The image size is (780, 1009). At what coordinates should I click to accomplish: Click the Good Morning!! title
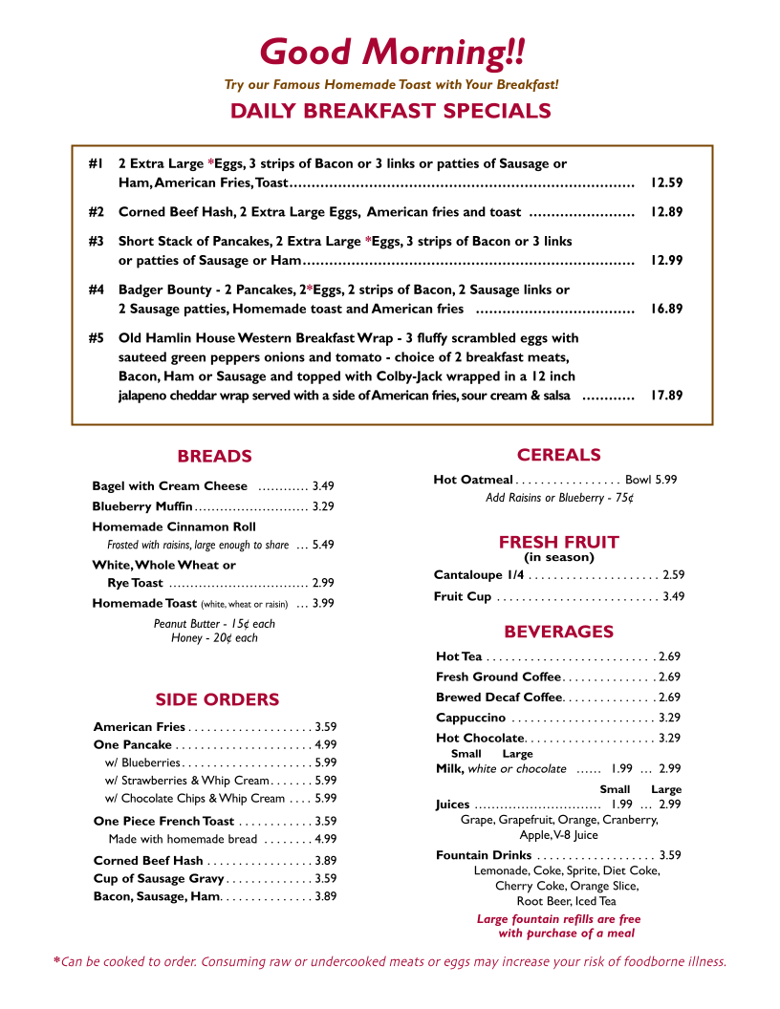click(392, 52)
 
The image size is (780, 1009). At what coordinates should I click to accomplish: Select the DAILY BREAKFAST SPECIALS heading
click(390, 111)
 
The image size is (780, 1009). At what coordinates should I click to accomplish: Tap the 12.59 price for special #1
click(666, 182)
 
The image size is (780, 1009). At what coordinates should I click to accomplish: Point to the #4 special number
click(96, 290)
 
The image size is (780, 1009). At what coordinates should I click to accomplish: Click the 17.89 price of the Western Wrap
click(666, 395)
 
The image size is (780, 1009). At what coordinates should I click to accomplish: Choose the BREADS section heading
click(214, 457)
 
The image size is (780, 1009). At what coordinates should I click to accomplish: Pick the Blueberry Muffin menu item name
click(142, 506)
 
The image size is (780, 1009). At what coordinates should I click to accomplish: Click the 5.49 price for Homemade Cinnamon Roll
click(323, 545)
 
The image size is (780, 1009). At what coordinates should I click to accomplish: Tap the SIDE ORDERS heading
click(217, 700)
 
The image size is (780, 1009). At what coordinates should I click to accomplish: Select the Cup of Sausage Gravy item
click(159, 879)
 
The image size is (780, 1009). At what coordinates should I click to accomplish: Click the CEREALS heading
click(558, 455)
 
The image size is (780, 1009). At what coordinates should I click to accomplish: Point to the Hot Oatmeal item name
click(473, 480)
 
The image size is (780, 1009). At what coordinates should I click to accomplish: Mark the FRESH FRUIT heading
click(558, 542)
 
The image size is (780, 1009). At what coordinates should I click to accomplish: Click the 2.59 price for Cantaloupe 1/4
click(674, 575)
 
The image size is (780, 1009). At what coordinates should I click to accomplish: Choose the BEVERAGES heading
click(558, 632)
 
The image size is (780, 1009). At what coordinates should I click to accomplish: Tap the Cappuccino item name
click(470, 718)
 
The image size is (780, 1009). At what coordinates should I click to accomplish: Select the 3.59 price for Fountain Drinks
click(670, 855)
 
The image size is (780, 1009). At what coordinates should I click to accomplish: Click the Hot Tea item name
click(459, 656)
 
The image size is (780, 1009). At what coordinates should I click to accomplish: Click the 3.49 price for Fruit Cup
click(674, 597)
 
